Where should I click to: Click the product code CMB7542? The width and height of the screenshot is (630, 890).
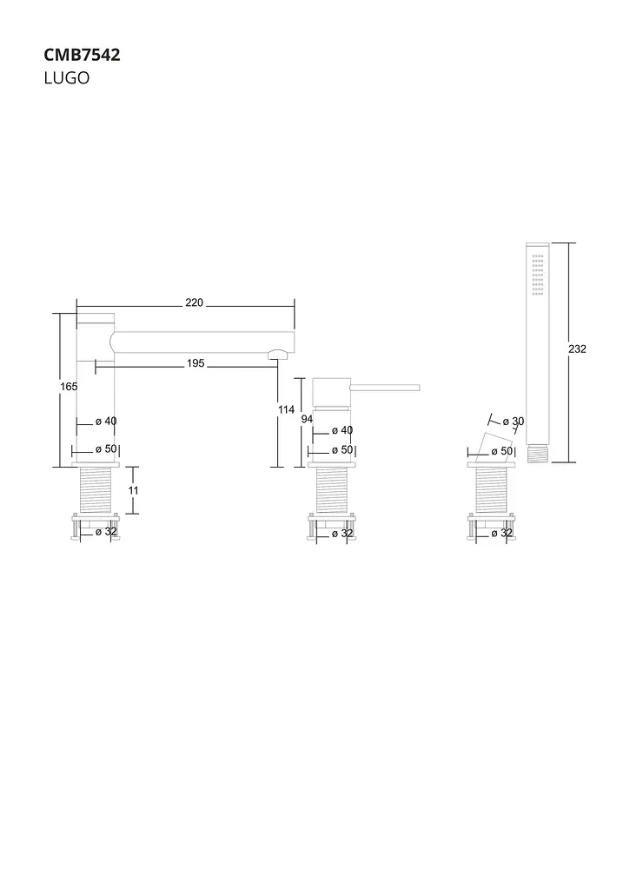click(82, 55)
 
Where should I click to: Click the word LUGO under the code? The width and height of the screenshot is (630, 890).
click(66, 77)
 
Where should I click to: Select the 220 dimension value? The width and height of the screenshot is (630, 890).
click(194, 302)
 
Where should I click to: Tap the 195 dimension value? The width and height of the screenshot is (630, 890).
click(196, 363)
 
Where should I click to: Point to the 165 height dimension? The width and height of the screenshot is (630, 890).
click(69, 387)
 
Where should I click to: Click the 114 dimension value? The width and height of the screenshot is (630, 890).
click(286, 409)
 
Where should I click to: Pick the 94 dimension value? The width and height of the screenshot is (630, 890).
click(307, 420)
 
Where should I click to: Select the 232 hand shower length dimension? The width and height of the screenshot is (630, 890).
click(577, 349)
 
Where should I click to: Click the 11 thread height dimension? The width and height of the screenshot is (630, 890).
click(133, 490)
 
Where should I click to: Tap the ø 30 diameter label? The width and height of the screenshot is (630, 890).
click(513, 422)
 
